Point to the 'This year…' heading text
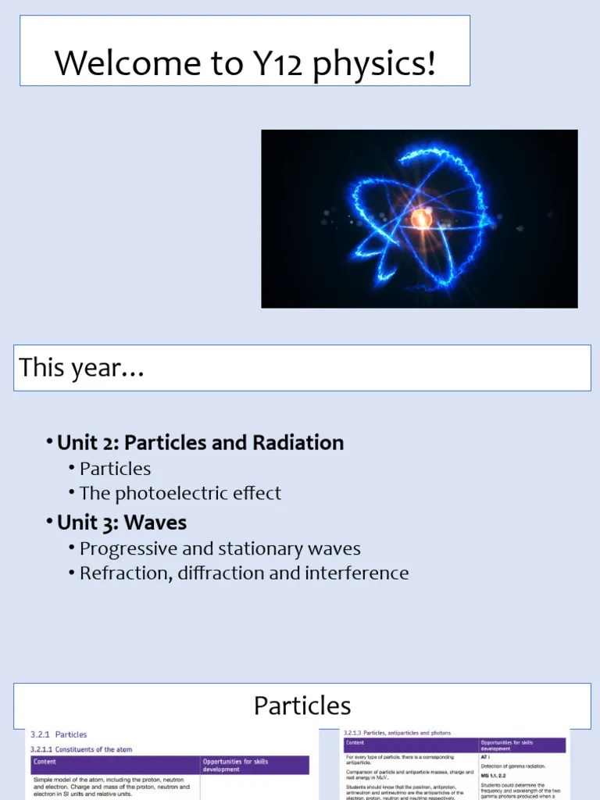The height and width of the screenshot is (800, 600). (x=82, y=367)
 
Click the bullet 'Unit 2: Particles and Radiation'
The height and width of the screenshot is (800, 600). (x=200, y=443)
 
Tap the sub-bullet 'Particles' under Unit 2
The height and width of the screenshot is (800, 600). (x=115, y=469)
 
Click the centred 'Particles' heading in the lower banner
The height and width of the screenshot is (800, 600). (x=302, y=706)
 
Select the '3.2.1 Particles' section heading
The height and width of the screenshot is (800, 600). (x=59, y=734)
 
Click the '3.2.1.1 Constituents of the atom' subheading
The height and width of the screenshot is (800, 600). (x=81, y=749)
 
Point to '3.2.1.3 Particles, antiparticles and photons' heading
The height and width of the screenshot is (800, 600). (x=397, y=733)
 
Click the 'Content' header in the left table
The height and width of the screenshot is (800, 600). (x=45, y=761)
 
